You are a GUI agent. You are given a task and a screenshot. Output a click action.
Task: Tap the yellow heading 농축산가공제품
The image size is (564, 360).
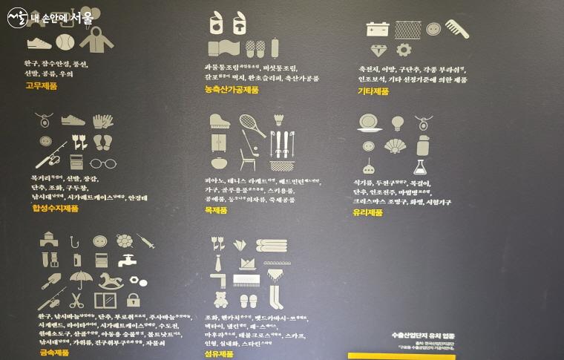pos(232,89)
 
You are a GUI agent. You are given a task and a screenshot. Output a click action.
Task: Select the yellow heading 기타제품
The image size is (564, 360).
pos(373,91)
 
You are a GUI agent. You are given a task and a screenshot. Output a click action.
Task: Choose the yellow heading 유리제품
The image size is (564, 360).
pos(368,212)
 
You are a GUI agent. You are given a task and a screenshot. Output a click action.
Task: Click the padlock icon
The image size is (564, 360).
pos(133,300)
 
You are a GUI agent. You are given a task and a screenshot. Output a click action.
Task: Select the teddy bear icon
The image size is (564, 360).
pos(220,300)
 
